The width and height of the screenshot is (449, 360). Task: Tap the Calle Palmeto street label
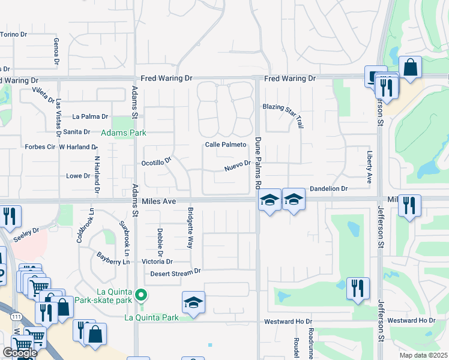226,145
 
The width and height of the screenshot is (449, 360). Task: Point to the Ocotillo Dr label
156,161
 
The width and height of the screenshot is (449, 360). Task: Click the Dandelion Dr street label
328,188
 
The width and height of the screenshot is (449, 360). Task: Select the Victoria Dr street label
157,262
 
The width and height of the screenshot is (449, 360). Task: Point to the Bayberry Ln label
113,258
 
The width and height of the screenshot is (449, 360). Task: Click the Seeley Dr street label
26,230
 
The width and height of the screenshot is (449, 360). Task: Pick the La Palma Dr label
90,116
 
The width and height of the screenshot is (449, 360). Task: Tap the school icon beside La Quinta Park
193,302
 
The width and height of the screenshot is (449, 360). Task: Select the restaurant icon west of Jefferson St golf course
358,289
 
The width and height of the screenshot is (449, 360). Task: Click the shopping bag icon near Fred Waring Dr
411,68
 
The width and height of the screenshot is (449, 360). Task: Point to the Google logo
20,353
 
